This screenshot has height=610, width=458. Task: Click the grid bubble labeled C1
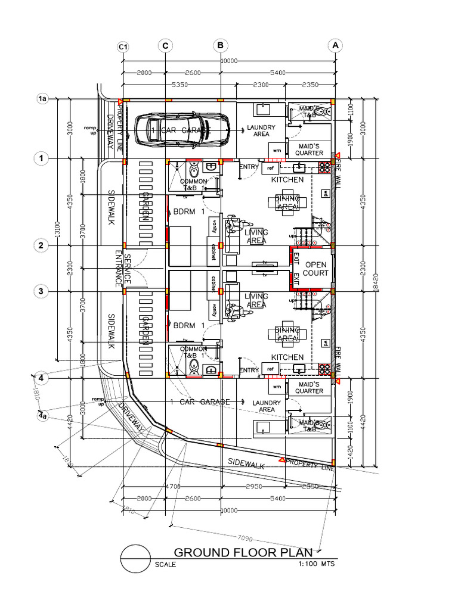123,46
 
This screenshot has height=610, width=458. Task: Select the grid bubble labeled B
220,46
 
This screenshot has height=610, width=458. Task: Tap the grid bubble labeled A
336,46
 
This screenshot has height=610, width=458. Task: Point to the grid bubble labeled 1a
42,99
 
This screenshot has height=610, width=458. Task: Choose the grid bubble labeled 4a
42,416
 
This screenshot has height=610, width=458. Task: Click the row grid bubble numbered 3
41,291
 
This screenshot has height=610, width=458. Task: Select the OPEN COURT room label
316,269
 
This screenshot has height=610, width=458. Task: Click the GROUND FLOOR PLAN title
243,552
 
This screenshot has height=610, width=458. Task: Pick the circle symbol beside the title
135,559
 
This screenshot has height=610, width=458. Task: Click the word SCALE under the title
165,565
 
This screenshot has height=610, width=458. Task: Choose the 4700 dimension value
173,487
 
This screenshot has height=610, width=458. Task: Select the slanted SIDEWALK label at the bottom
246,463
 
